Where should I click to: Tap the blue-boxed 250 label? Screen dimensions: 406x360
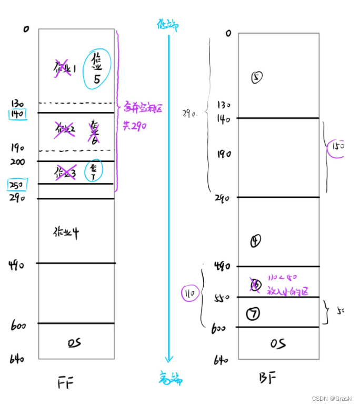[17, 185]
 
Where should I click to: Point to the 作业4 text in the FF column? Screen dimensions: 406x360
[66, 232]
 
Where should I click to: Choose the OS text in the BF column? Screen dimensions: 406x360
[278, 344]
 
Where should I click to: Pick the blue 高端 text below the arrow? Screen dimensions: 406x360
[169, 377]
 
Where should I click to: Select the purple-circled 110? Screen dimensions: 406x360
[190, 293]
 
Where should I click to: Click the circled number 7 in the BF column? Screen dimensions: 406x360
[253, 314]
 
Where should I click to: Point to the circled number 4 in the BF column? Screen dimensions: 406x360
[256, 241]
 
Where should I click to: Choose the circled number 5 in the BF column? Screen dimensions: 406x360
[257, 77]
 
